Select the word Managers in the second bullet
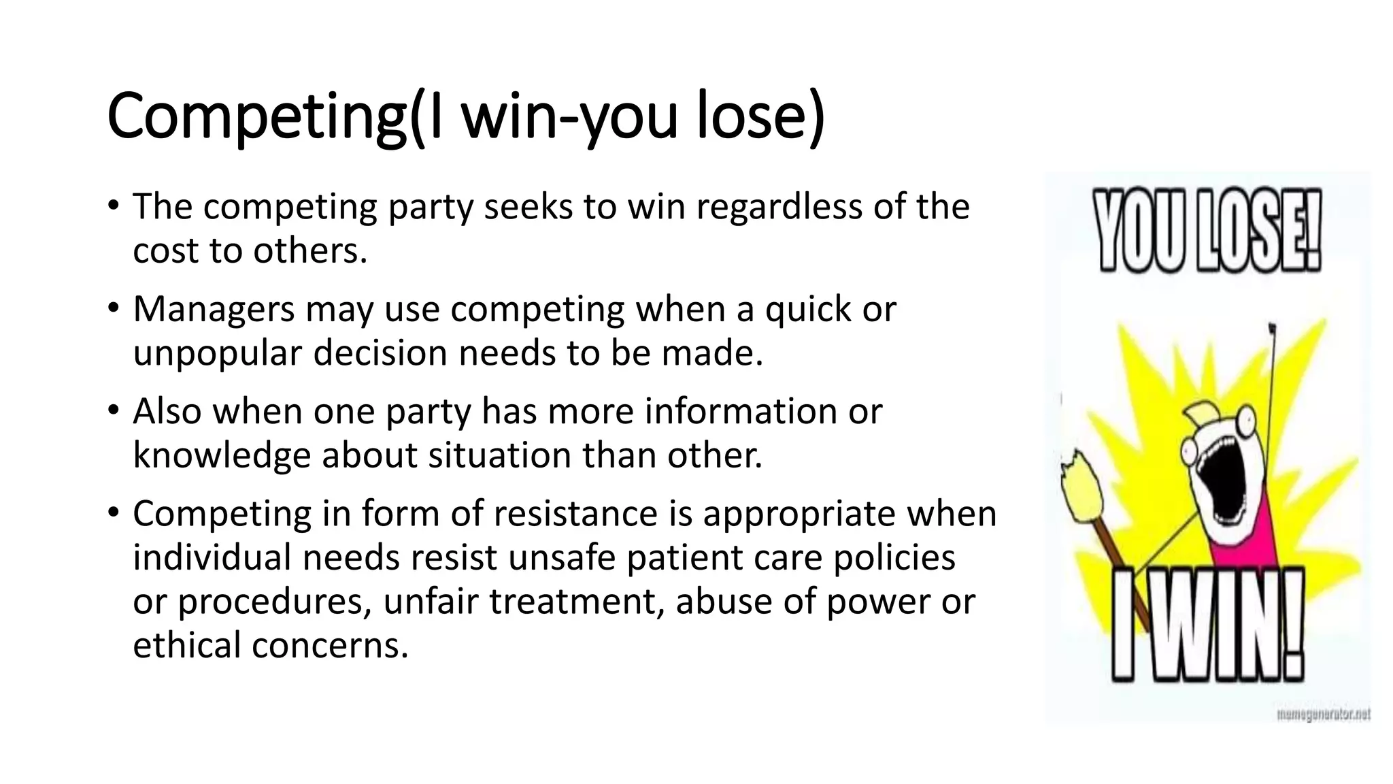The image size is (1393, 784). point(214,309)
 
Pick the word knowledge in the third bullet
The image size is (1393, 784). point(222,455)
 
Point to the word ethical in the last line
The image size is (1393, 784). point(187,645)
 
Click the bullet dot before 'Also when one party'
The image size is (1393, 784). point(113,411)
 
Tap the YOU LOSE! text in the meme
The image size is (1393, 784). point(1207,231)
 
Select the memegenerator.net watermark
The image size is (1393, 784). point(1324,715)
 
